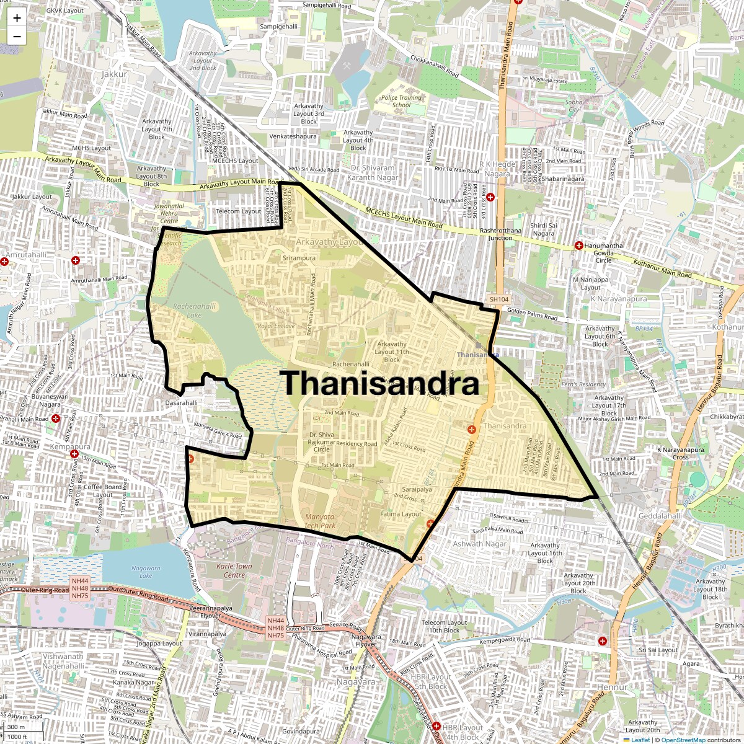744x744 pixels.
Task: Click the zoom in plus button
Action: [17, 18]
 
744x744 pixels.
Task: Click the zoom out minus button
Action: [17, 36]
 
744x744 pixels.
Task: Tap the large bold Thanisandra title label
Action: [380, 383]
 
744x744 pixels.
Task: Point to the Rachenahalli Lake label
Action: [194, 311]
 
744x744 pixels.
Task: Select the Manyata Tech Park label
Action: [319, 521]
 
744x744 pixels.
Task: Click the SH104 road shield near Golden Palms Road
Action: [498, 299]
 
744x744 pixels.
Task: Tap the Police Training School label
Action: [401, 101]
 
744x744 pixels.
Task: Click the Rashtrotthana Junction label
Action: [500, 234]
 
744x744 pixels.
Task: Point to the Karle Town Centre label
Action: [234, 570]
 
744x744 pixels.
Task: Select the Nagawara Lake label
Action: [146, 572]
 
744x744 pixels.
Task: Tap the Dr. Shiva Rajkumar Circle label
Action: [322, 442]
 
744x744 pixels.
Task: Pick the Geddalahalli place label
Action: [660, 516]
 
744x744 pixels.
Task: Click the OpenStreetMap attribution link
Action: [683, 740]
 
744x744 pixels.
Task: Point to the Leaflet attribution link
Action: [640, 740]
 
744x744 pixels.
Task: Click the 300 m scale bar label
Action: [16, 727]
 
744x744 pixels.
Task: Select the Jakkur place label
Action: [113, 74]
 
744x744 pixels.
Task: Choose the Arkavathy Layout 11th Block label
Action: [392, 352]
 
